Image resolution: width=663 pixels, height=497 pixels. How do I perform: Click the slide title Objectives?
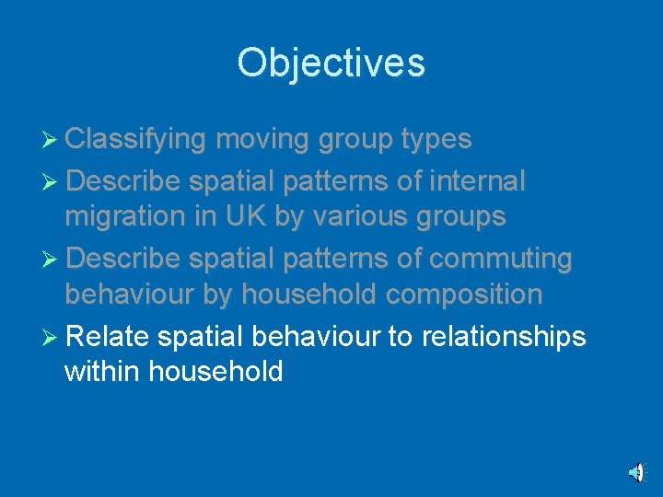pyautogui.click(x=331, y=64)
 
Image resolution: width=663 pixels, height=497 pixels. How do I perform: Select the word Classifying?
pyautogui.click(x=136, y=139)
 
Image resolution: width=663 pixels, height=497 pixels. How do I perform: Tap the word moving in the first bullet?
pyautogui.click(x=263, y=139)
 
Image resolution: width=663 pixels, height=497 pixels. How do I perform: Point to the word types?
pyautogui.click(x=436, y=139)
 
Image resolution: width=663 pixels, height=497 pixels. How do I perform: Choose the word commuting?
pyautogui.click(x=501, y=259)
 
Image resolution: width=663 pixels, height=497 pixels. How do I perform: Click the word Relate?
pyautogui.click(x=108, y=336)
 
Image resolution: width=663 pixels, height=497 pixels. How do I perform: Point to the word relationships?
pyautogui.click(x=503, y=336)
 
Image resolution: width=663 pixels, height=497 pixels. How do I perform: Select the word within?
pyautogui.click(x=102, y=372)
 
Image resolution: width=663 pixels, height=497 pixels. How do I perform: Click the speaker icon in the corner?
pyautogui.click(x=635, y=472)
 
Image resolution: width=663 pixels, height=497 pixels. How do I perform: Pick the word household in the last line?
pyautogui.click(x=215, y=372)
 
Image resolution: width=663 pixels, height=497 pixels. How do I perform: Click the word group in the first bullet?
pyautogui.click(x=355, y=139)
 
